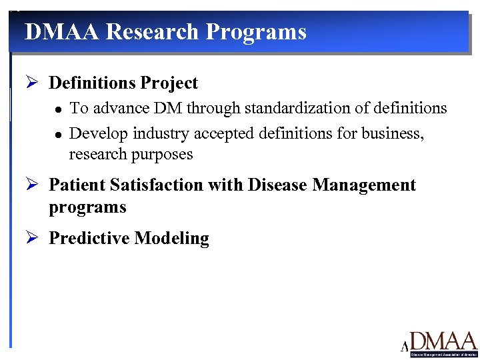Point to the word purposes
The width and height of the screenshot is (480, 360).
point(161,155)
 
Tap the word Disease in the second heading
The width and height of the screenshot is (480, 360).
point(279,185)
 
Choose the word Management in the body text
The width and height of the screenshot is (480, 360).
point(366,185)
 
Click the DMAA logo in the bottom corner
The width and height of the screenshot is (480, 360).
point(439,343)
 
